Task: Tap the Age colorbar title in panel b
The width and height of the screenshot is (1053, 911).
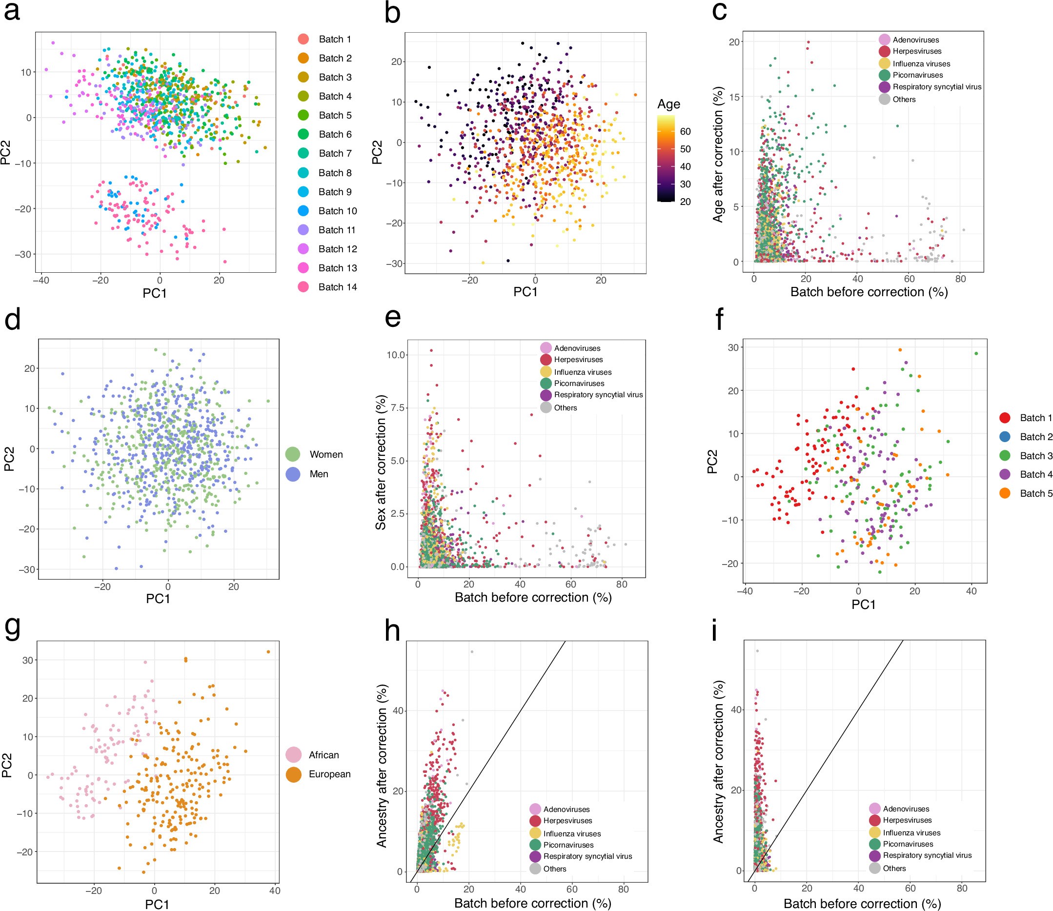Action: [668, 104]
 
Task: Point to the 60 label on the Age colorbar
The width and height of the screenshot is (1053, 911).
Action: [686, 132]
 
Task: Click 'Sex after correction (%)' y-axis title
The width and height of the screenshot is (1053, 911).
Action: [380, 462]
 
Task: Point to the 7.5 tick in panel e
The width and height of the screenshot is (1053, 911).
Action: [397, 408]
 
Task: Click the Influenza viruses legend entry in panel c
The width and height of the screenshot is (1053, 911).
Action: [921, 63]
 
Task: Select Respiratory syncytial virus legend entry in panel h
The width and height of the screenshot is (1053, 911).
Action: [587, 856]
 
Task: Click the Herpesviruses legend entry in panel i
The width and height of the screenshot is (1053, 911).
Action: [907, 820]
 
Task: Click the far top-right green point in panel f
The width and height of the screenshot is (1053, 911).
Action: [976, 353]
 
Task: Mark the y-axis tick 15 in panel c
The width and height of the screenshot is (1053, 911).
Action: [734, 97]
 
